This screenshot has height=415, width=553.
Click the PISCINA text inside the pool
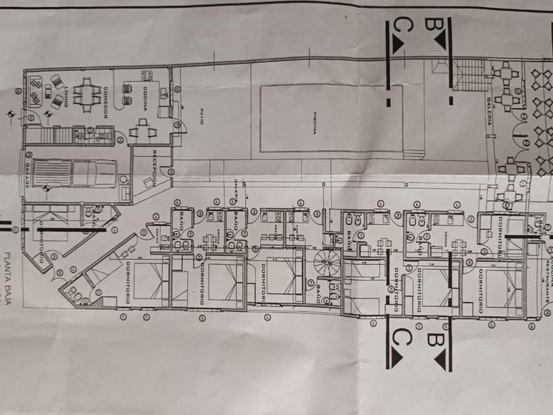pyautogui.click(x=314, y=120)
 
